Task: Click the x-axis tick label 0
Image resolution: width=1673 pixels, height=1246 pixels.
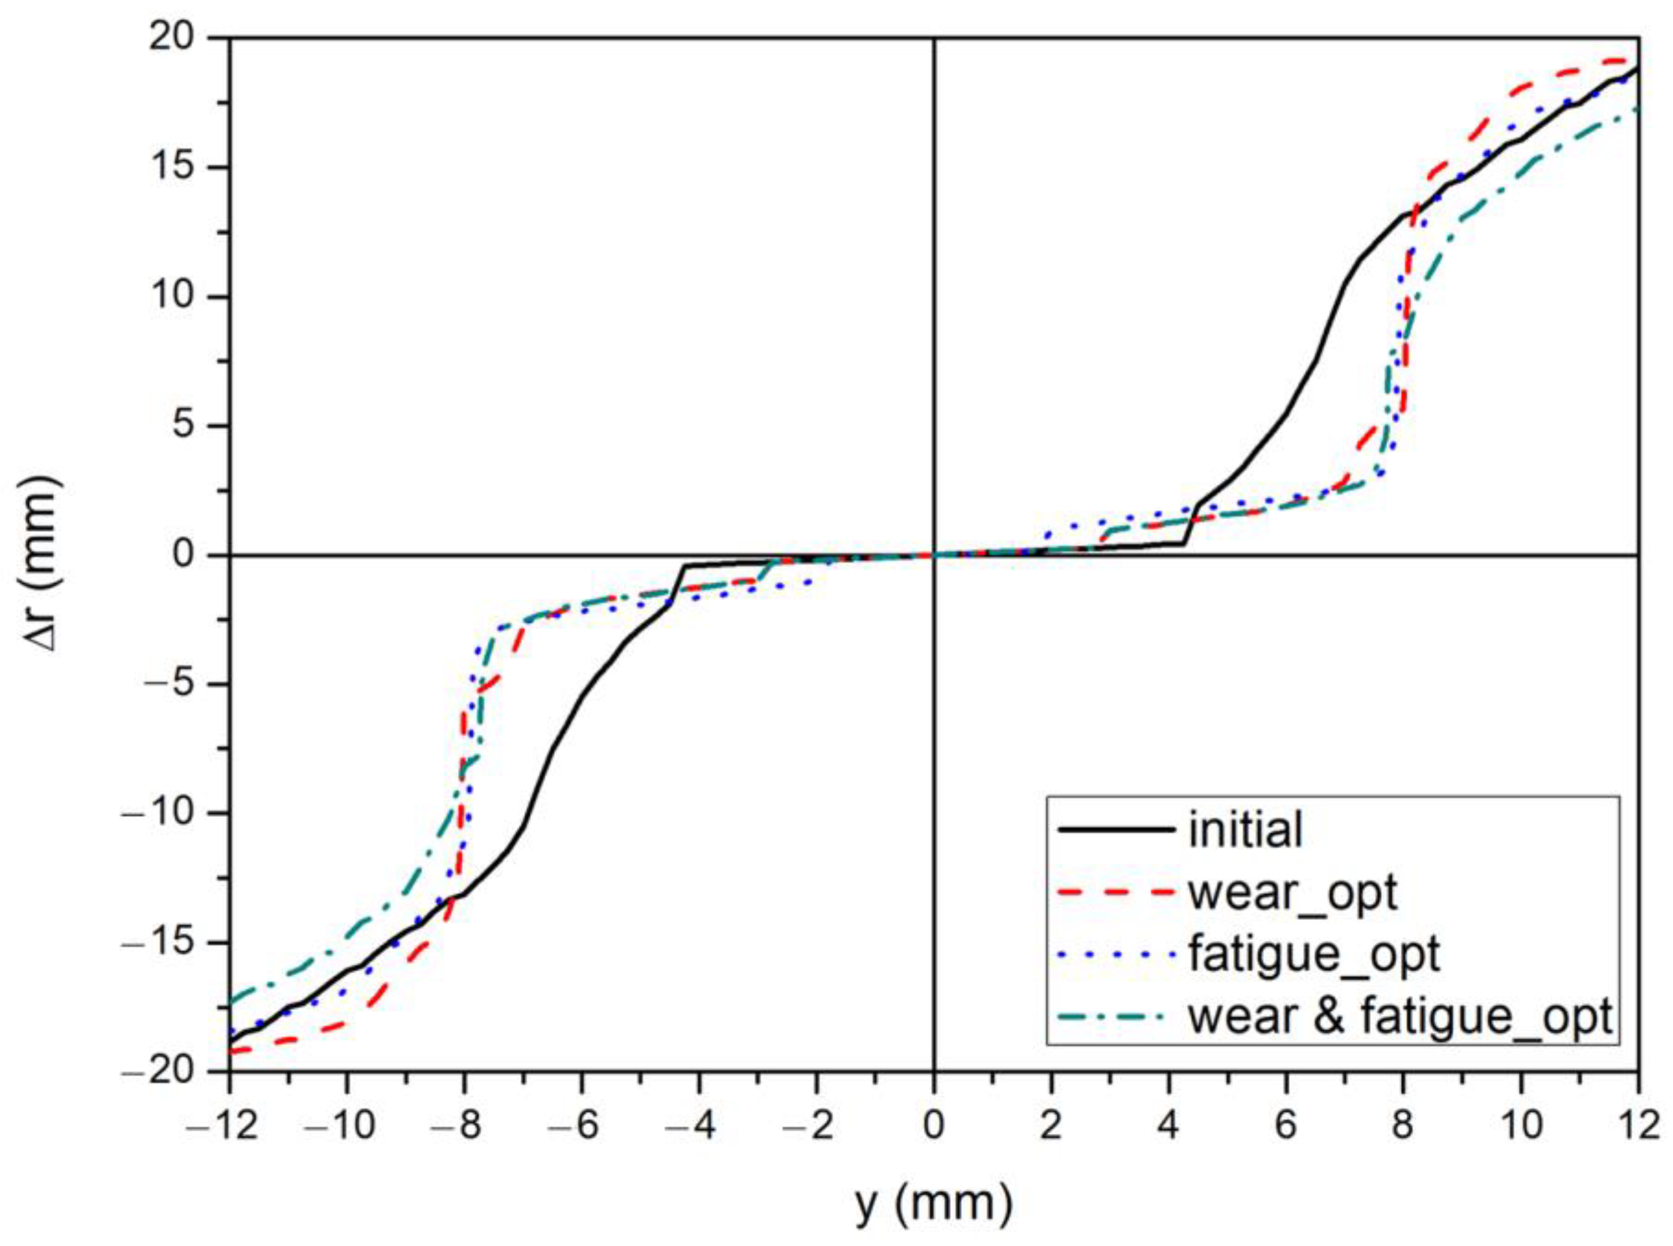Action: coord(934,1126)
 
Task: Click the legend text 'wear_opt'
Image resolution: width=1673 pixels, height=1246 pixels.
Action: coord(1293,892)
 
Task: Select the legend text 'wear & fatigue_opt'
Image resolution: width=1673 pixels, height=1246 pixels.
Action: coord(1401,1016)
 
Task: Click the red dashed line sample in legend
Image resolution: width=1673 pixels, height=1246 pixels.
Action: coord(1116,892)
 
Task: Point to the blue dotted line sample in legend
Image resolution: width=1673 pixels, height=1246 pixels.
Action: coord(1116,954)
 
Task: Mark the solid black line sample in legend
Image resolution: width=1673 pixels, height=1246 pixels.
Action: coord(1116,830)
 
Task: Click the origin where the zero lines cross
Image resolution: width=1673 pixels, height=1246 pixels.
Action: coord(934,555)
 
